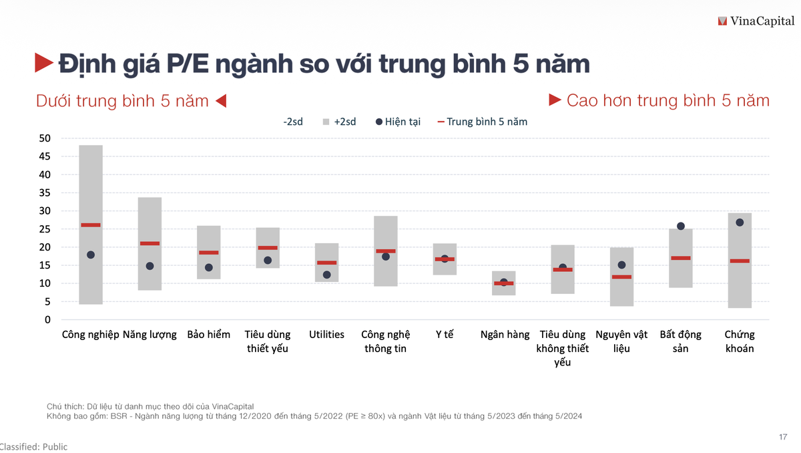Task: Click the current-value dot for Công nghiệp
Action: (91, 255)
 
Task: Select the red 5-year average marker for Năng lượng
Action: (150, 243)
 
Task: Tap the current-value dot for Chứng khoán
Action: (740, 222)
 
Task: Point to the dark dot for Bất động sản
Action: (681, 226)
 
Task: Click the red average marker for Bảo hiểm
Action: (209, 253)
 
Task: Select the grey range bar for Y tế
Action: (445, 267)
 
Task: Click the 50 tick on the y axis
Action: (45, 138)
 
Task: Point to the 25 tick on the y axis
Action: (45, 229)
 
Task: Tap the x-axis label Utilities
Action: (326, 335)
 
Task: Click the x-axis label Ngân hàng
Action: (505, 335)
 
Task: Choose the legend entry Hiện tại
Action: (398, 122)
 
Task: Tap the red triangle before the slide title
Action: (44, 63)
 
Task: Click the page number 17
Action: (783, 437)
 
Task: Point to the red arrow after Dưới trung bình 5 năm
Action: (222, 101)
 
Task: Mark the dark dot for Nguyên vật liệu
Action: (621, 265)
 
